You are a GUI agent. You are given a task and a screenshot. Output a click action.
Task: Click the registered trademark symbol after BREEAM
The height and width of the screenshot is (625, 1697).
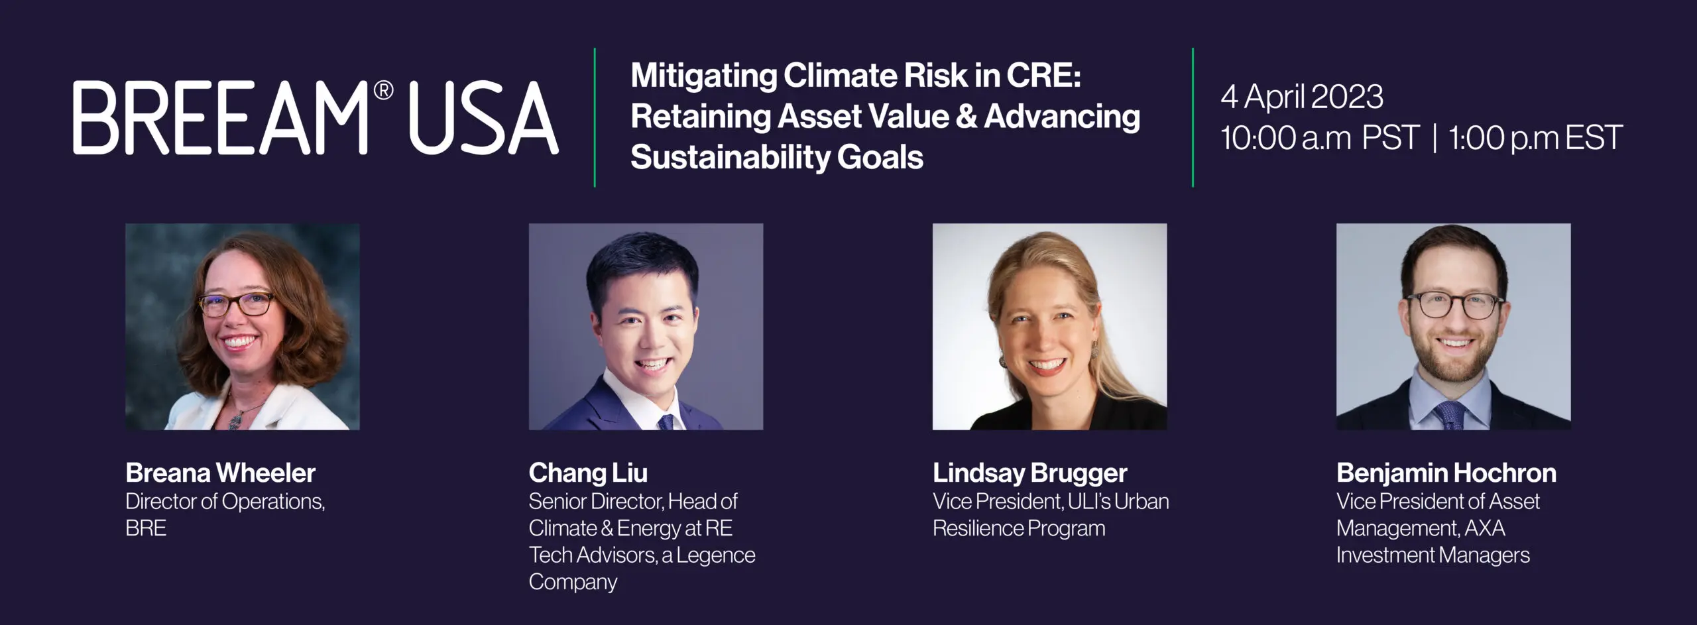(x=384, y=91)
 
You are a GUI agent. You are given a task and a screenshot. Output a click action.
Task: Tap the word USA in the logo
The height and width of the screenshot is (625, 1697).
(x=483, y=119)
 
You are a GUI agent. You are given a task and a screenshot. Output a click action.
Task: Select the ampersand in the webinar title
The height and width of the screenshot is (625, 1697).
(x=966, y=116)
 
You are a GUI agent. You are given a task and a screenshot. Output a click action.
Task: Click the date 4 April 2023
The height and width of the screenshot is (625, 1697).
(x=1302, y=97)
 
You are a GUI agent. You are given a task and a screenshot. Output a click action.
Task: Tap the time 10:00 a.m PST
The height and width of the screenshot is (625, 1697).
(x=1319, y=138)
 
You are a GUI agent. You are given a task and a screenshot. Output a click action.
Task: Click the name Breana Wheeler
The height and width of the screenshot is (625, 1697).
(x=221, y=473)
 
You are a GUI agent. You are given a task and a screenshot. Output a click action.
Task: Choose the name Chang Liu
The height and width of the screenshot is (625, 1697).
(x=588, y=473)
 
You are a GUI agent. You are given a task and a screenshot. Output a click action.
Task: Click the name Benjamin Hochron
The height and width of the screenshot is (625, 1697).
(x=1446, y=473)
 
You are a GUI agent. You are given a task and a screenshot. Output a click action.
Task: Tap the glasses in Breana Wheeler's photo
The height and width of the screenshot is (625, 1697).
(x=237, y=304)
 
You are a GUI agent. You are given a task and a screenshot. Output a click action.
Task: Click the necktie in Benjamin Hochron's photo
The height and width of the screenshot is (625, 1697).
(x=1451, y=415)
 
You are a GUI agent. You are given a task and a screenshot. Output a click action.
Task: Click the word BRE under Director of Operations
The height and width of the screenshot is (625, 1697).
(x=146, y=528)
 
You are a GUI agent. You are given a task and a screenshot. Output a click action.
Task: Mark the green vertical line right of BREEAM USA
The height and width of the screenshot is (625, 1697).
(x=595, y=117)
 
